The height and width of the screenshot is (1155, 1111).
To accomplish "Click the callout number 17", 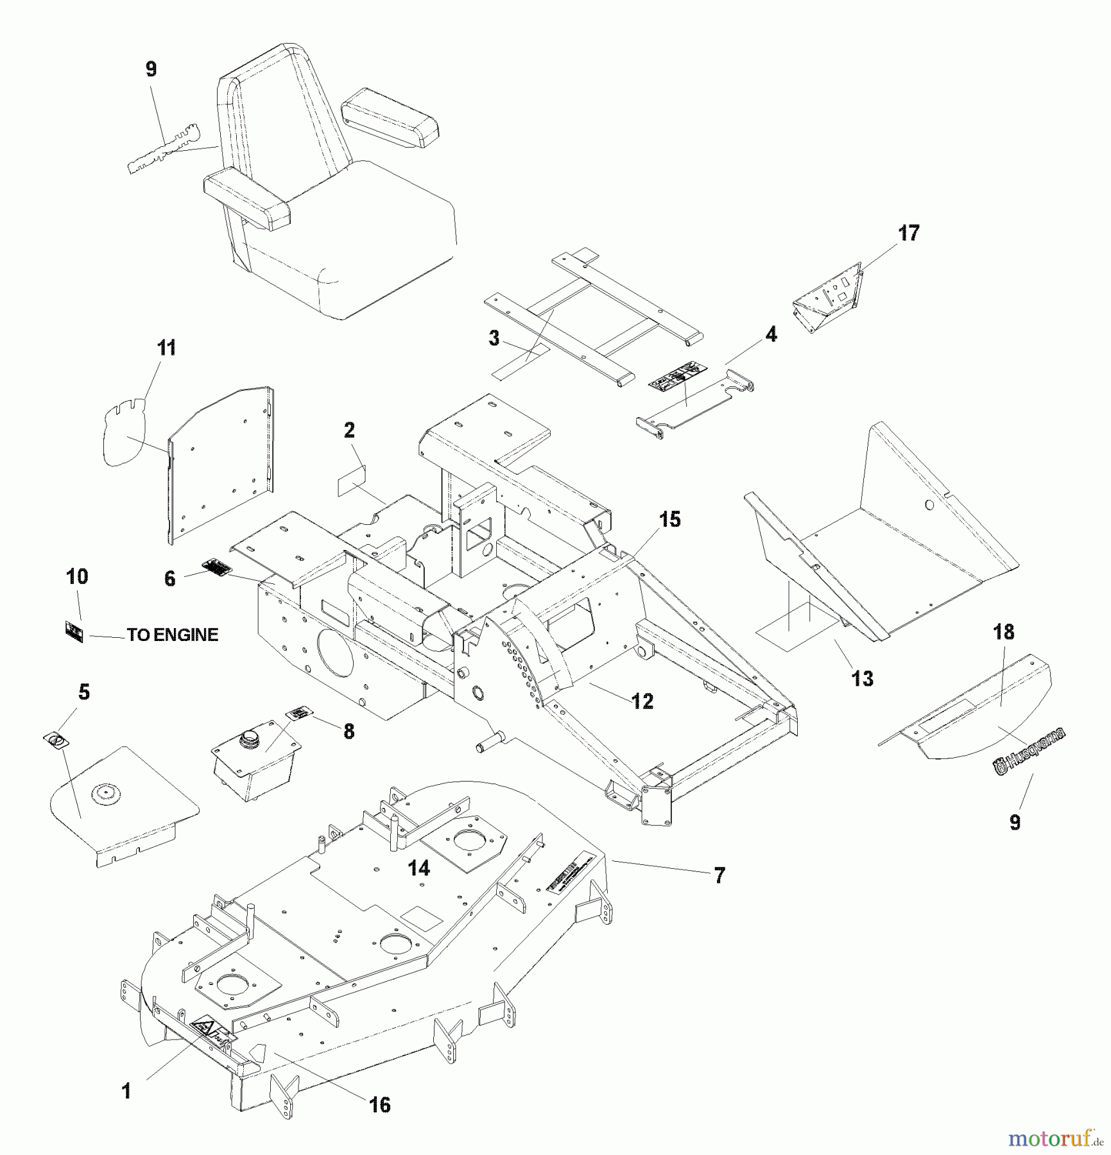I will pos(909,233).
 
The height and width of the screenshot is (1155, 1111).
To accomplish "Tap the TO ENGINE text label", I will pos(173,635).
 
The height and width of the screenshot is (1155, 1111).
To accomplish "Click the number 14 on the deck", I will pos(419,868).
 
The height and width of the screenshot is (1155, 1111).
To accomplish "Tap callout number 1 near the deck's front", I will pos(126,1090).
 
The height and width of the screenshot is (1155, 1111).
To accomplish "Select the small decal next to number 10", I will pos(74,632).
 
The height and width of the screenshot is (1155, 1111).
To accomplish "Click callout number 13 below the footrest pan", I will pos(862,678).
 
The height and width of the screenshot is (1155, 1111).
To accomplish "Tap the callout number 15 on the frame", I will pos(669,519).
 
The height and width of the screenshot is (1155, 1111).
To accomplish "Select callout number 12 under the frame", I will pos(642,701).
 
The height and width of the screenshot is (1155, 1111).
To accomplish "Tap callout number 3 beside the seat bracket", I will pos(494,338).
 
